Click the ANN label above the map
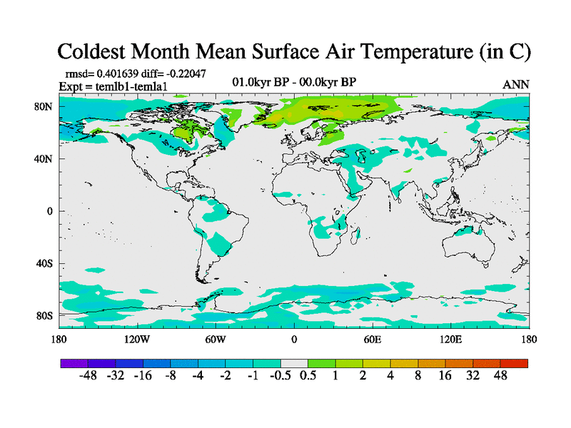tap(515, 84)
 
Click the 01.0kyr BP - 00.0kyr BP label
tap(294, 82)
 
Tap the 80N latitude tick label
tap(44, 106)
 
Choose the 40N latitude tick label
tap(44, 159)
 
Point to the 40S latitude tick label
tap(44, 263)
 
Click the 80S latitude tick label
tap(44, 315)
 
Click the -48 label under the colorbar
tap(88, 376)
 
